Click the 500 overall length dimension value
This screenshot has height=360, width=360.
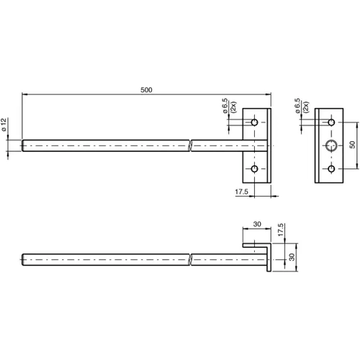[147, 89]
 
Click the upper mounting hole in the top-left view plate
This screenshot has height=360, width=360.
[255, 121]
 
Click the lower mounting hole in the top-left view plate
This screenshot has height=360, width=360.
[255, 170]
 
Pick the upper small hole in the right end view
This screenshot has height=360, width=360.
[331, 121]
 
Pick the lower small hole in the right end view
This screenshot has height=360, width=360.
[331, 170]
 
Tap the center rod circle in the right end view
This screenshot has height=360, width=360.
[331, 145]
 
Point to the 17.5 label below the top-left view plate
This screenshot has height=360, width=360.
[243, 192]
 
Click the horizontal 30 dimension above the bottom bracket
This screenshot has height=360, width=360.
[257, 224]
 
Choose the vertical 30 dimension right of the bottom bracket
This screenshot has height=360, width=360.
[292, 258]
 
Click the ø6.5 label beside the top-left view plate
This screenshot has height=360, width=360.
[225, 109]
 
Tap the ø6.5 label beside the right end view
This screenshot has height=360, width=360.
[297, 108]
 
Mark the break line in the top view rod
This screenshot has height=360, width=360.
[189, 145]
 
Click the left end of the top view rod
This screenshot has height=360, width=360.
[24, 145]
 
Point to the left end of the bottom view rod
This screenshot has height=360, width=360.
[24, 258]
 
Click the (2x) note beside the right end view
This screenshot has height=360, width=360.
[306, 108]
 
